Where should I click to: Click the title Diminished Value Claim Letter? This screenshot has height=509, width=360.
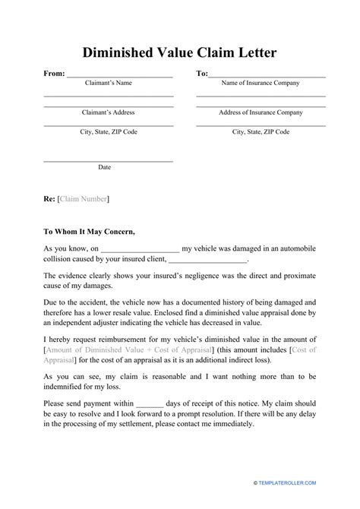coord(179,53)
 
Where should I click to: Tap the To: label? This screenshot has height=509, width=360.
coord(202,74)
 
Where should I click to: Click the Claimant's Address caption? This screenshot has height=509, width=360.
coord(108,112)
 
